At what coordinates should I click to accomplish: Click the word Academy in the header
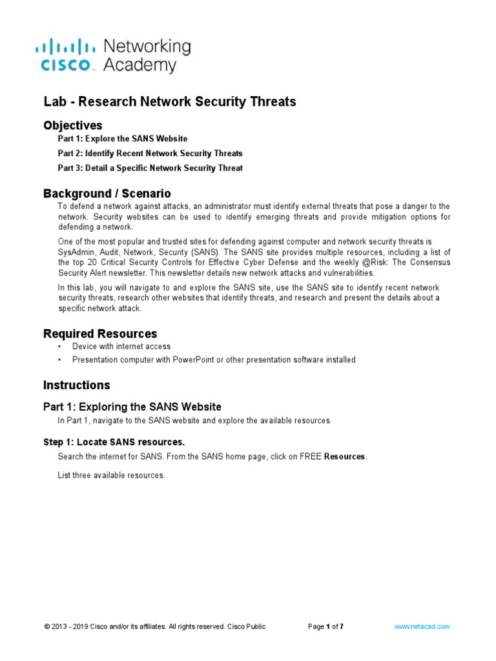(x=139, y=65)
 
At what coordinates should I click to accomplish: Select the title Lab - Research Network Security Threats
(x=169, y=102)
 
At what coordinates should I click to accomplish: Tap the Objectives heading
(x=72, y=125)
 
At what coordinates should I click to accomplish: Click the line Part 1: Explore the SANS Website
(x=123, y=139)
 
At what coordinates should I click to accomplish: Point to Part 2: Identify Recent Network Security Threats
(x=150, y=154)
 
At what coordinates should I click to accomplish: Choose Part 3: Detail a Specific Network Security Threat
(x=150, y=168)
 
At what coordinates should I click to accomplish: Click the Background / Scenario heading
(x=107, y=193)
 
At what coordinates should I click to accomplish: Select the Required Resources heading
(x=100, y=334)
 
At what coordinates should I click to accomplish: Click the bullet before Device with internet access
(x=59, y=347)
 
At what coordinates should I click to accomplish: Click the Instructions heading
(x=76, y=385)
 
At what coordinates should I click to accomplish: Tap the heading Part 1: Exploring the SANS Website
(x=132, y=407)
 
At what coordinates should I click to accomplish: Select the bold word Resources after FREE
(x=345, y=456)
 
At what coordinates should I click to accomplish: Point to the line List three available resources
(x=111, y=476)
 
